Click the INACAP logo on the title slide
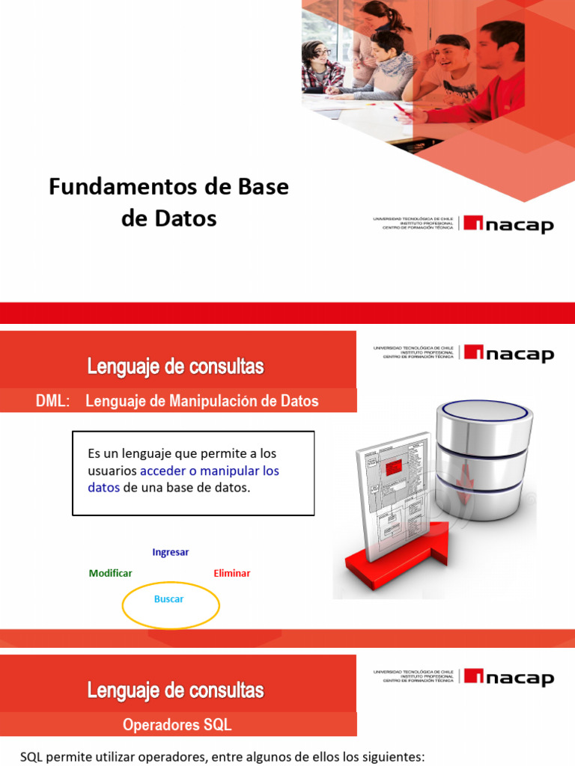(x=508, y=224)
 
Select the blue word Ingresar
(x=170, y=552)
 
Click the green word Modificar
(x=110, y=573)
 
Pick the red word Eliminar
(x=232, y=573)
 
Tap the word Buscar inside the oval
(x=168, y=599)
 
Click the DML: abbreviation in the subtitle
(x=52, y=401)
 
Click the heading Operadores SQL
(x=177, y=725)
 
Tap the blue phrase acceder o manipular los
(x=210, y=471)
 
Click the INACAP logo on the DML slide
(x=508, y=352)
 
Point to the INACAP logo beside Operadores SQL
(x=508, y=677)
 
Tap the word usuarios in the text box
(x=112, y=471)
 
